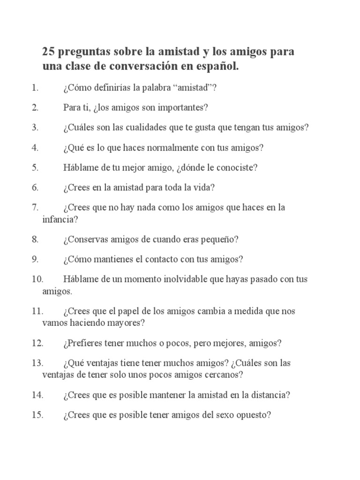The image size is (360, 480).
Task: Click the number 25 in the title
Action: [x=48, y=52]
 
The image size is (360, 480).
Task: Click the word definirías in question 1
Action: [x=112, y=88]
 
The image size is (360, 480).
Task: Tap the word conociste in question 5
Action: [x=235, y=167]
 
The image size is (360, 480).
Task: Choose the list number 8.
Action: [x=35, y=239]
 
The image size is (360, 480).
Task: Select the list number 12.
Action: [x=37, y=343]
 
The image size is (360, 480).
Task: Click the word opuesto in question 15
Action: [x=253, y=415]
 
